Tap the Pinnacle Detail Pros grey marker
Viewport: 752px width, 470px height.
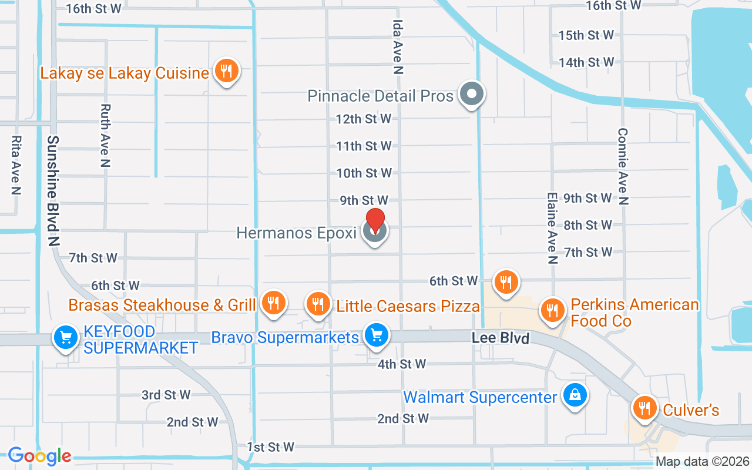point(471,94)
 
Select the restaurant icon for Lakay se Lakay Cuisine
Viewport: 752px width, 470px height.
point(226,71)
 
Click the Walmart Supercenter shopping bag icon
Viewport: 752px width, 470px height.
point(574,396)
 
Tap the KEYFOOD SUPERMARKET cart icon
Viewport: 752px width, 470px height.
point(66,338)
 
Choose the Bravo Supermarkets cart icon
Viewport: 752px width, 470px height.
point(376,335)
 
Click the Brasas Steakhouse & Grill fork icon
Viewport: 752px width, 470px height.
point(273,303)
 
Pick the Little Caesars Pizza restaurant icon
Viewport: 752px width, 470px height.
point(318,304)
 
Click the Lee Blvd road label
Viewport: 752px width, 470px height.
point(501,338)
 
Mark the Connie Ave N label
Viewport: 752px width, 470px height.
point(623,167)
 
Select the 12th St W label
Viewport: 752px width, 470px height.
point(364,119)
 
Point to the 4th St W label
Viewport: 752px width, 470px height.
point(402,364)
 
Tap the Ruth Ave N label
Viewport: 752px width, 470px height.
point(105,136)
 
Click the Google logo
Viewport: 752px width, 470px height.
point(39,456)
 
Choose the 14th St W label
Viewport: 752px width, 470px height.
point(586,62)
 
